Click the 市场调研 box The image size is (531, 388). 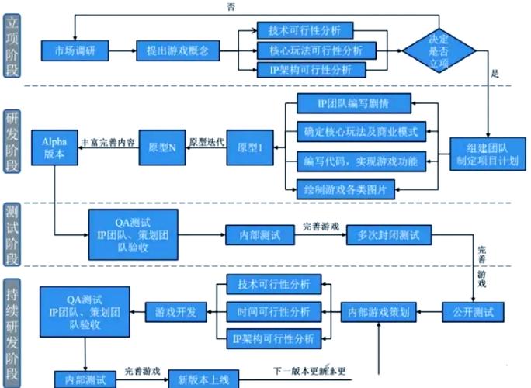[x=74, y=50]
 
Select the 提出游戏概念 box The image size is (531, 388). [x=172, y=50]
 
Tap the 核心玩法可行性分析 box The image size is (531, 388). [x=309, y=50]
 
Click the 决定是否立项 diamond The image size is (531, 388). [x=439, y=50]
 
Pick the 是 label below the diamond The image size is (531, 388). [x=495, y=75]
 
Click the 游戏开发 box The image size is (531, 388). [x=175, y=311]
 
